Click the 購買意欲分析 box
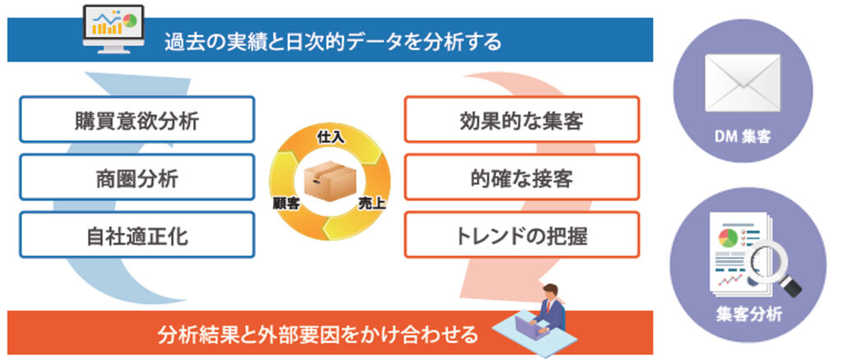point(137,119)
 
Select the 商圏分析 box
point(137,177)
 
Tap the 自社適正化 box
point(137,235)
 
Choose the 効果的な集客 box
point(521,119)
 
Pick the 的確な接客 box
point(521,177)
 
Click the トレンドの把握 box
point(521,235)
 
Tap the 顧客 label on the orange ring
point(286,205)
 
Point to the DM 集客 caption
point(743,137)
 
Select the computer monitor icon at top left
point(113,30)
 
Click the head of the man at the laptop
point(550,293)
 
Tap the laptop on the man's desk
point(527,325)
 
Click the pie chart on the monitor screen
point(129,21)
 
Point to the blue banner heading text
point(333,41)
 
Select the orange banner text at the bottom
point(317,335)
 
